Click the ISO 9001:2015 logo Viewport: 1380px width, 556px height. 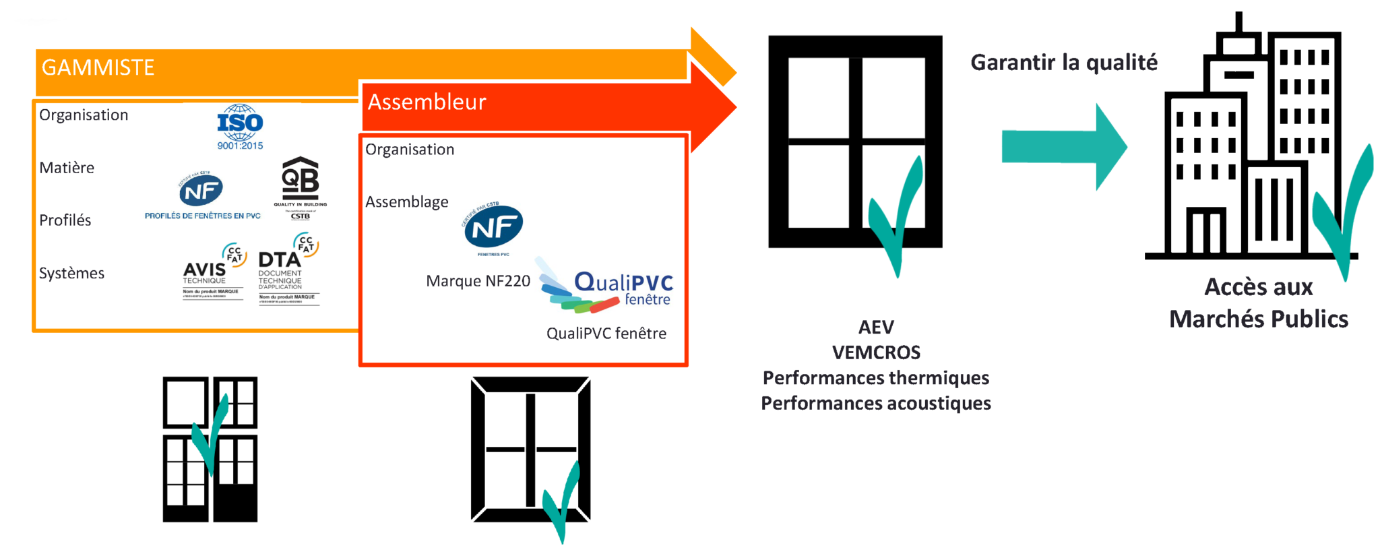240,127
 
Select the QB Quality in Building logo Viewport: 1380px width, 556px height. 300,187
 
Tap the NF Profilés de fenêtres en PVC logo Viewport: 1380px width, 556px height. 202,196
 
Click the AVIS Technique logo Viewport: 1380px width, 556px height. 213,273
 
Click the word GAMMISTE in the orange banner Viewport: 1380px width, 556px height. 98,68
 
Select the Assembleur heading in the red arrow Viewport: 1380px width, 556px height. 427,102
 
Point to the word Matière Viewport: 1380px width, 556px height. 67,168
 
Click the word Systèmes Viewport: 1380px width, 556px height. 71,274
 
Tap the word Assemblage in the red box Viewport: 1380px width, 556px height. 407,202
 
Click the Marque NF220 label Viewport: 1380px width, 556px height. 478,281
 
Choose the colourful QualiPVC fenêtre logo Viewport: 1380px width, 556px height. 606,288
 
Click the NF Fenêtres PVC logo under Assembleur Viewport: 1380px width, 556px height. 494,228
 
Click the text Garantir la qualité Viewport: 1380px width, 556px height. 1063,63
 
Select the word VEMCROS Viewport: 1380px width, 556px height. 876,352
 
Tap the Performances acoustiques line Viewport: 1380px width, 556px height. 876,404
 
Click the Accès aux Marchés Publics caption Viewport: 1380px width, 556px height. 1258,303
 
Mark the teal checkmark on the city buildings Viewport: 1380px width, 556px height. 1344,216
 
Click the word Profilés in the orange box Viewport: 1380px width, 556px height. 65,220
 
